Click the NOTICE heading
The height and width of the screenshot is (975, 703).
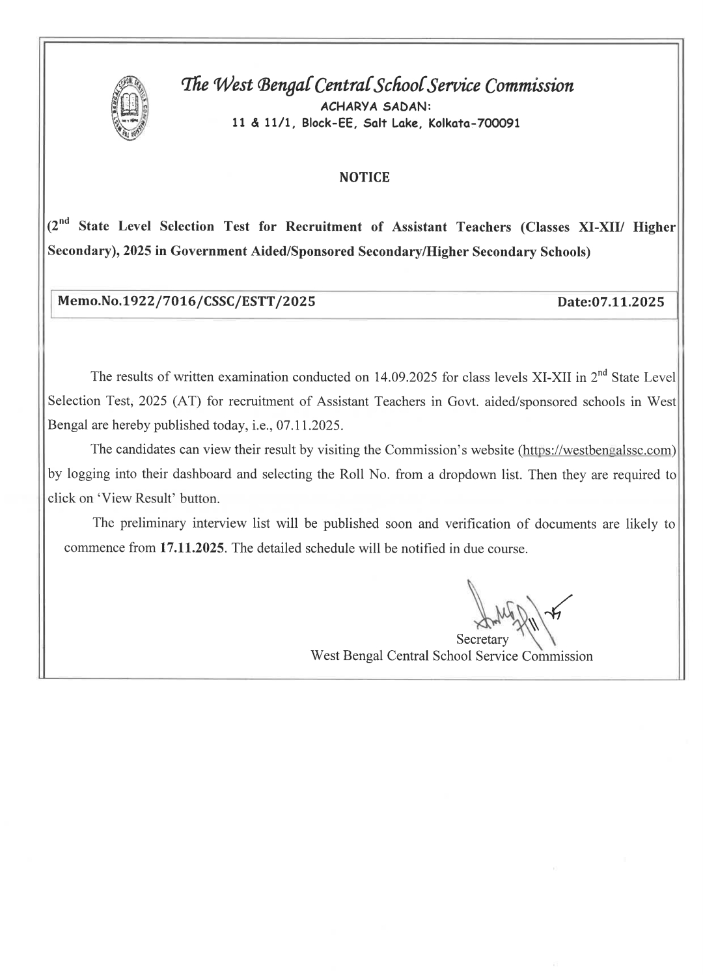pos(365,178)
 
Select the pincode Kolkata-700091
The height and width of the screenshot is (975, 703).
pos(477,123)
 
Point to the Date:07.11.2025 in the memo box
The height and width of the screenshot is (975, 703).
pos(611,302)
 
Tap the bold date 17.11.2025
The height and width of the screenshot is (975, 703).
pos(191,548)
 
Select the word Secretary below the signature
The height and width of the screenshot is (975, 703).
pos(482,640)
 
